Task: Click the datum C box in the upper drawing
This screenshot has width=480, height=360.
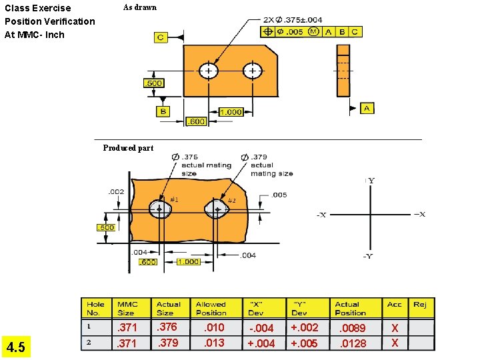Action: tap(161, 37)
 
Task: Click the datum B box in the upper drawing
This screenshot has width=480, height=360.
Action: tap(163, 111)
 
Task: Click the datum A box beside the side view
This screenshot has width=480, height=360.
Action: tap(367, 108)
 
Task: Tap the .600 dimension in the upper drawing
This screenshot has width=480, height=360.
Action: tap(195, 121)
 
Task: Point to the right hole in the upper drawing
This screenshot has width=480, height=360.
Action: tap(253, 71)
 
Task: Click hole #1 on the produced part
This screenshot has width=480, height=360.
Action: tap(160, 209)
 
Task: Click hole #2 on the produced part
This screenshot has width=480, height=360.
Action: tap(217, 209)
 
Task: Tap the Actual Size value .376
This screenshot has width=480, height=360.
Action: tap(167, 327)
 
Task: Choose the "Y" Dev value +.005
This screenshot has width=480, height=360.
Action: tap(304, 343)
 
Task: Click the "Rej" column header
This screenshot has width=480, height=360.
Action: tap(419, 305)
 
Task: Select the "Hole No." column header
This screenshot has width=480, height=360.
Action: tap(95, 308)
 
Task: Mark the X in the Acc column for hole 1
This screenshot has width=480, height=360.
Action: tap(395, 328)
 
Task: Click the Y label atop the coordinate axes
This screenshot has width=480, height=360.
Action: tap(371, 181)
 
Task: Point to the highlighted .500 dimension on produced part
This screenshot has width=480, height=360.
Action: tap(107, 227)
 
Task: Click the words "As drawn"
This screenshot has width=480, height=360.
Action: tap(140, 8)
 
